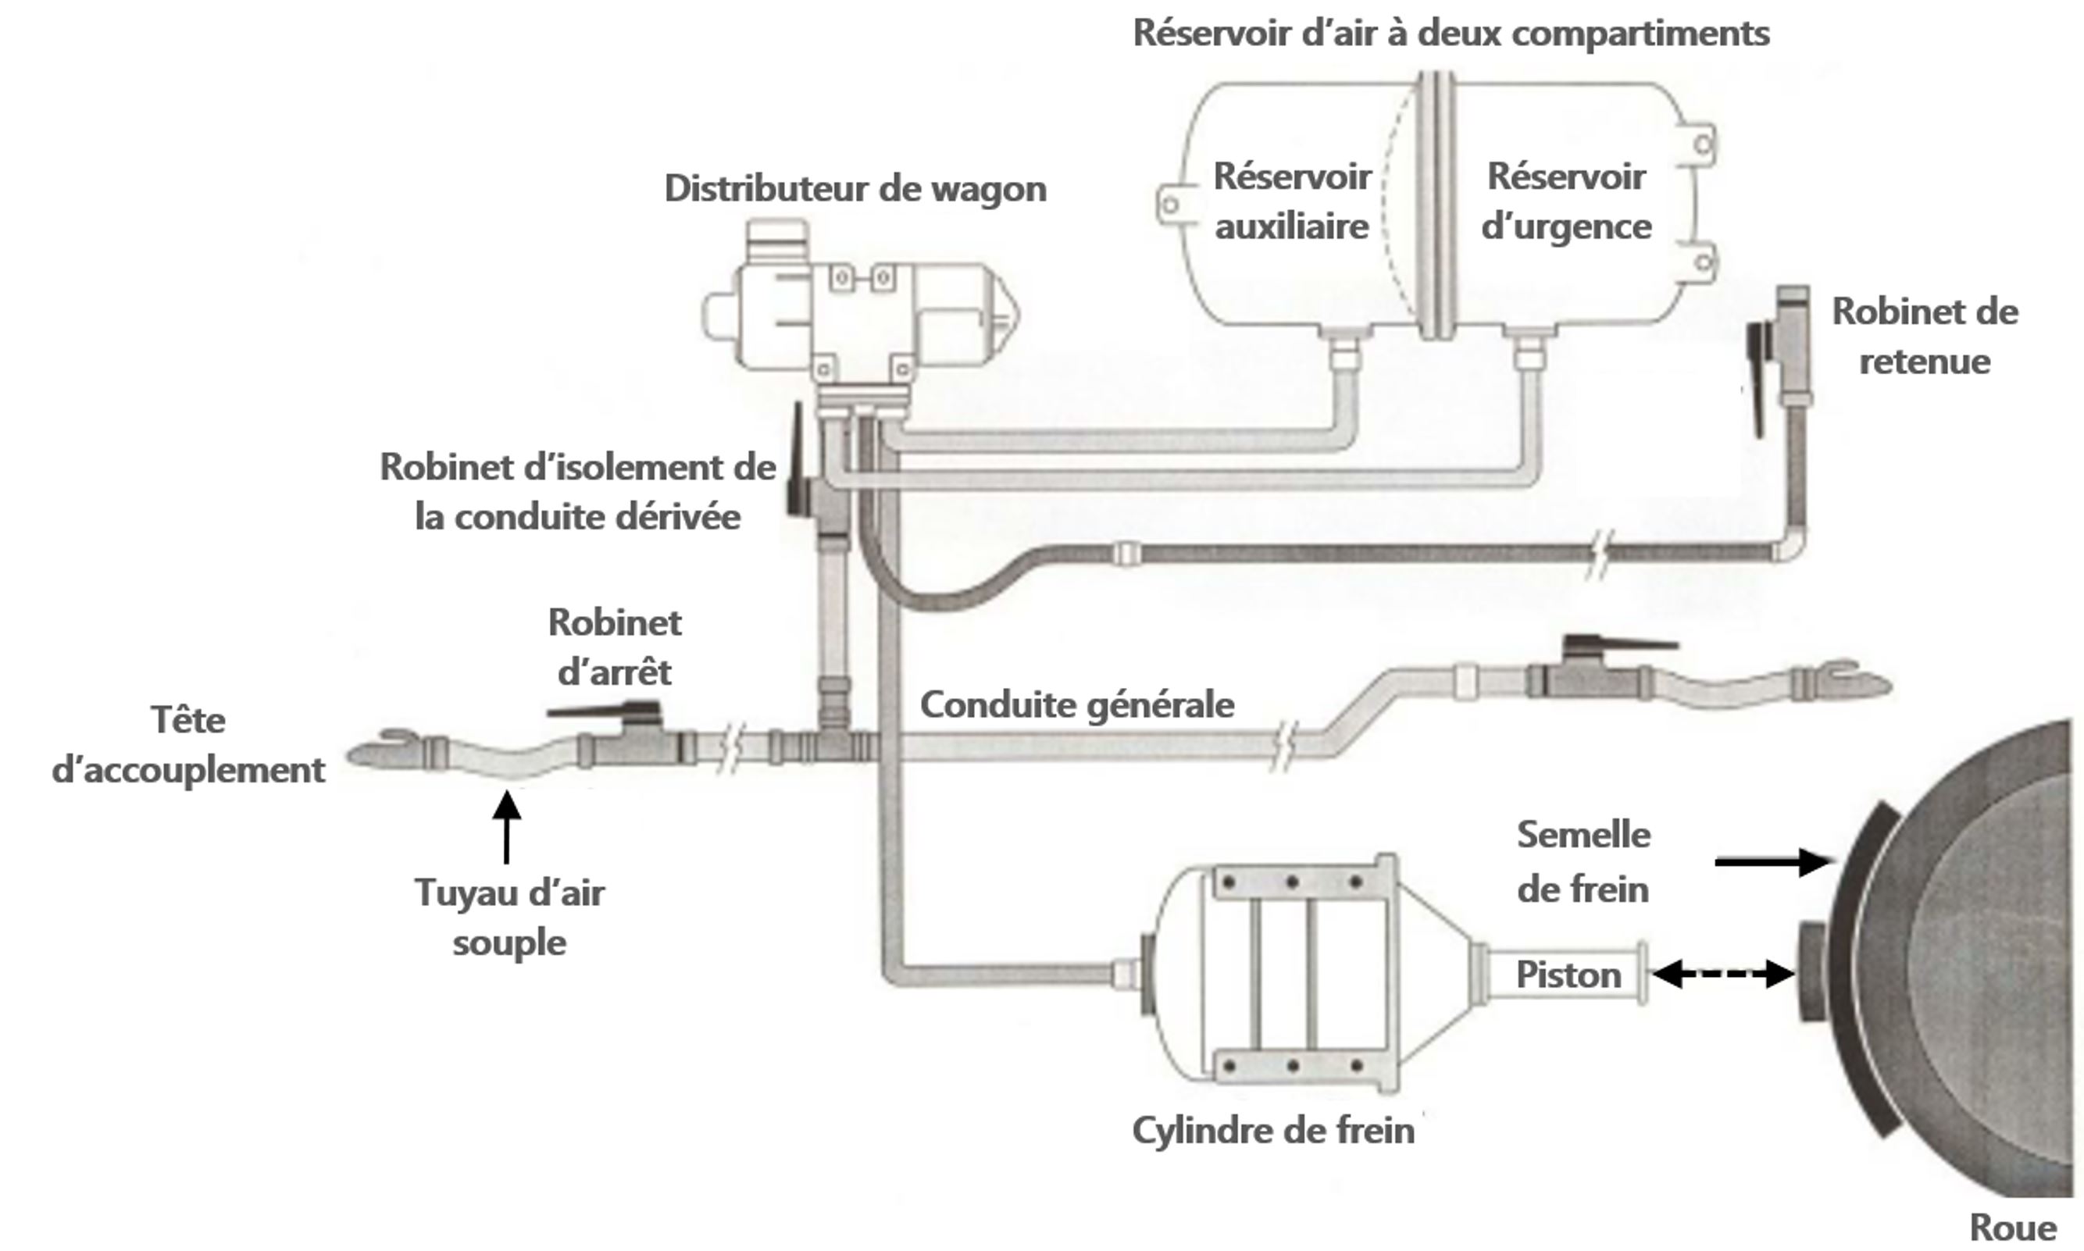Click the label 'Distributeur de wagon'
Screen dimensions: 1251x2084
pyautogui.click(x=855, y=189)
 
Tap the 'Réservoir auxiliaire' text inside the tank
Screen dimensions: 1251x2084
pyautogui.click(x=1291, y=201)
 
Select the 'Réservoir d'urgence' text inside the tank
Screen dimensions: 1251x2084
pyautogui.click(x=1565, y=201)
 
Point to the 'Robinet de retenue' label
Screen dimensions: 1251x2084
pyautogui.click(x=1925, y=337)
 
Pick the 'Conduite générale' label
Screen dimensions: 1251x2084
pyautogui.click(x=1076, y=704)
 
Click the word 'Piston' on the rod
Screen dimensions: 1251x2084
pyautogui.click(x=1568, y=975)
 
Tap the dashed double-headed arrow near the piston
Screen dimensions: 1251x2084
pyautogui.click(x=1722, y=974)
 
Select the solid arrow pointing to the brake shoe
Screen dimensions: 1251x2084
pyautogui.click(x=1772, y=861)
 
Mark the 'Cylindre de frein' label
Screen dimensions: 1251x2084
pyautogui.click(x=1273, y=1131)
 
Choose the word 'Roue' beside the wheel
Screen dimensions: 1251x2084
pyautogui.click(x=2012, y=1228)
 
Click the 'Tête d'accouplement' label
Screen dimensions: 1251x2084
pyautogui.click(x=188, y=745)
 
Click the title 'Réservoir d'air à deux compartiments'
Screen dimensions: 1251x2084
pyautogui.click(x=1450, y=34)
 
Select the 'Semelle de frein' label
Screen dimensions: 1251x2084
pyautogui.click(x=1583, y=861)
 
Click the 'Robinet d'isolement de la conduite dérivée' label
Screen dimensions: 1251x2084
pyautogui.click(x=577, y=492)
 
